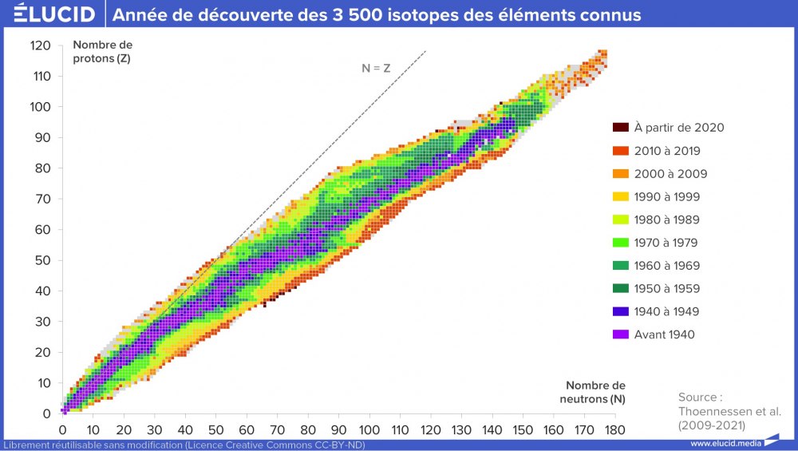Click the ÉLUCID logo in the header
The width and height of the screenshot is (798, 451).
49,15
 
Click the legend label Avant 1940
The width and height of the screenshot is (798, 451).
664,334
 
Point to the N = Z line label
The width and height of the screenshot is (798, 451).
376,69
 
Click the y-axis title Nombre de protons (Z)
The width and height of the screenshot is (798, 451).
102,52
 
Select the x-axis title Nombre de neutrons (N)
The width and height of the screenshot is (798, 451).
591,392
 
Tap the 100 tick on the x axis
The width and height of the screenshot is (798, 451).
369,429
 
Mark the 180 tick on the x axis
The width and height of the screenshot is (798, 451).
614,429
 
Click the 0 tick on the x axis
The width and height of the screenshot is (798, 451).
62,429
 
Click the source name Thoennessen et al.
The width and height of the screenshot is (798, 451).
729,411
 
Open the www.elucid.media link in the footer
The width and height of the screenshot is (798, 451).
725,444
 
